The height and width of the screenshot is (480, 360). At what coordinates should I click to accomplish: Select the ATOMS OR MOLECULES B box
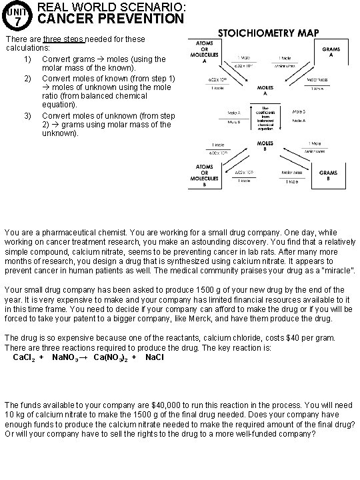[x=204, y=175]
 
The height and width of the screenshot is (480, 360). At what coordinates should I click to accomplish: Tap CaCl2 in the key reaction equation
[x=25, y=358]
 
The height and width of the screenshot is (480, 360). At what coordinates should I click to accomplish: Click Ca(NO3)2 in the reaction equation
[x=110, y=358]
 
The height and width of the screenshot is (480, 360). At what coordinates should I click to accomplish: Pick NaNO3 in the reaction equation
[x=66, y=358]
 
